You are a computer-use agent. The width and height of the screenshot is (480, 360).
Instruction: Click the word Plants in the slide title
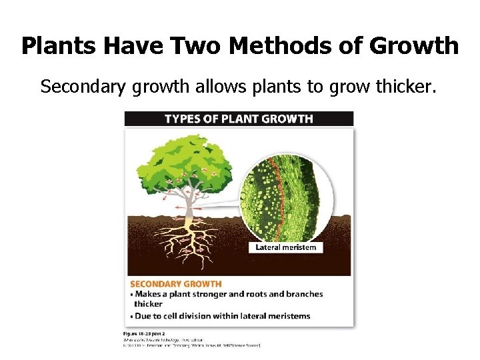54,46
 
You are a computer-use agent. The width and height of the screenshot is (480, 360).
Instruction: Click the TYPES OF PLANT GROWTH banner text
239,119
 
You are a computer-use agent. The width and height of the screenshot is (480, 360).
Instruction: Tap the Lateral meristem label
287,247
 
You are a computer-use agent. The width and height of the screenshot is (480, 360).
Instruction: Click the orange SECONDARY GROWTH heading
176,284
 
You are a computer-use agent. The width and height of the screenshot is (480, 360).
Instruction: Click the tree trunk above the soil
189,207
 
